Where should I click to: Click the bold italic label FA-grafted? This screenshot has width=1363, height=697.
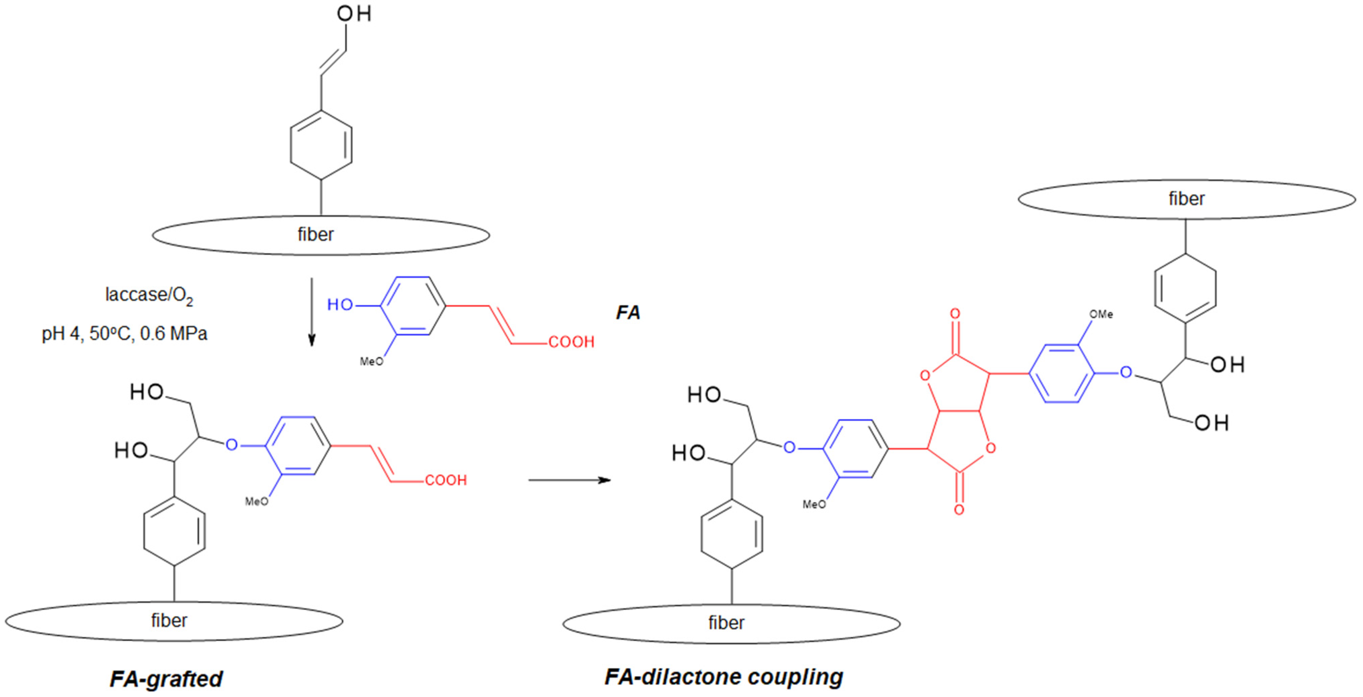pos(166,678)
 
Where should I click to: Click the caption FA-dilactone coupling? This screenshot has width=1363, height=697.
pos(723,676)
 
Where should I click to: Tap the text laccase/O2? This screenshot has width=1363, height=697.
pos(149,295)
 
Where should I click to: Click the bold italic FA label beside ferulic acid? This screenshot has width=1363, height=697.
pos(628,312)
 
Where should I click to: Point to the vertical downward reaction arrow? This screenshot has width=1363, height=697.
pos(312,312)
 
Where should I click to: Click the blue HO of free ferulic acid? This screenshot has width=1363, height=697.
pos(340,305)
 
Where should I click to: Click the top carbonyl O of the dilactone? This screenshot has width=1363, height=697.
pos(955,313)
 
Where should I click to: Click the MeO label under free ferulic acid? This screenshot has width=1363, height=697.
pos(372,362)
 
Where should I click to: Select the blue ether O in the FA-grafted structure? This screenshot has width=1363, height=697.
pos(232,445)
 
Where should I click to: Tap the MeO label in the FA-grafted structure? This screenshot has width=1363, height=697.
pos(257,501)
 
